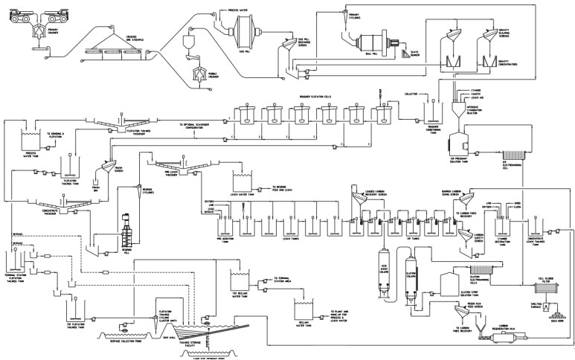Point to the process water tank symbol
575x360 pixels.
point(32,139)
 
